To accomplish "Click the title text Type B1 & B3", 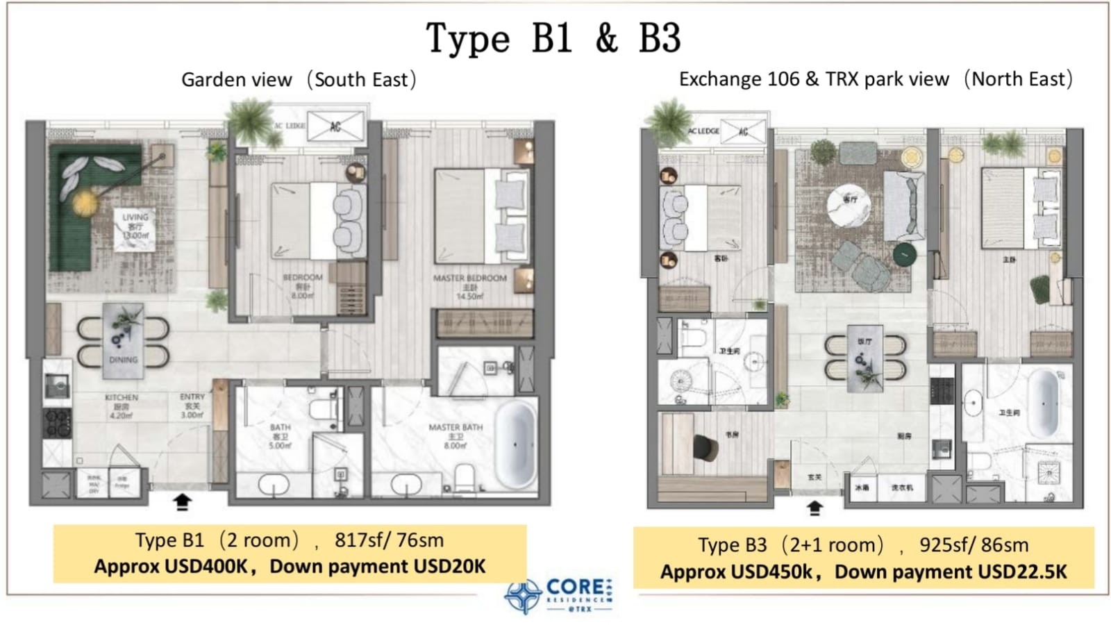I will (x=553, y=39).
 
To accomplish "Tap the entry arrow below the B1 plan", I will (x=182, y=501).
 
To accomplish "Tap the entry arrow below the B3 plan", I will (x=815, y=508).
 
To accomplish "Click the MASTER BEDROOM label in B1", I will (x=469, y=278).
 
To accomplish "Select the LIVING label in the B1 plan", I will (x=135, y=217).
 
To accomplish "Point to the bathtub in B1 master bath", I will (x=515, y=444).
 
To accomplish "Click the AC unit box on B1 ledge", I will (x=336, y=126).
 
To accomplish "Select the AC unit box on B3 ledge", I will (x=744, y=131).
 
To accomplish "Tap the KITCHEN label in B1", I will (x=122, y=397).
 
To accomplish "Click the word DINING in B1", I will (x=123, y=360).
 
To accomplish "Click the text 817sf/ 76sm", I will (x=389, y=540).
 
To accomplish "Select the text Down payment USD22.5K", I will (x=950, y=572).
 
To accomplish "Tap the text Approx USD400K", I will (x=171, y=567).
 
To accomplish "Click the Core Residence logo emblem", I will (x=523, y=596).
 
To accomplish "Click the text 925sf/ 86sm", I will (x=974, y=545).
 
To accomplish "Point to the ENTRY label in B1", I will (x=192, y=397).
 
